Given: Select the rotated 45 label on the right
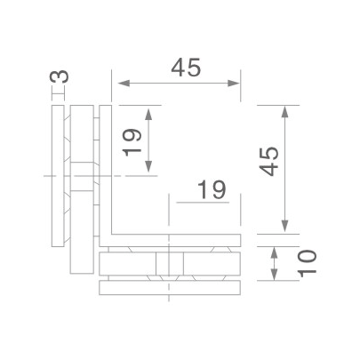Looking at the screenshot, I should [269, 163].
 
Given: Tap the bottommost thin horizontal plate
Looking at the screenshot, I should [171, 288].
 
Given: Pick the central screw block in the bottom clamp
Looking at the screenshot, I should [169, 265].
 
